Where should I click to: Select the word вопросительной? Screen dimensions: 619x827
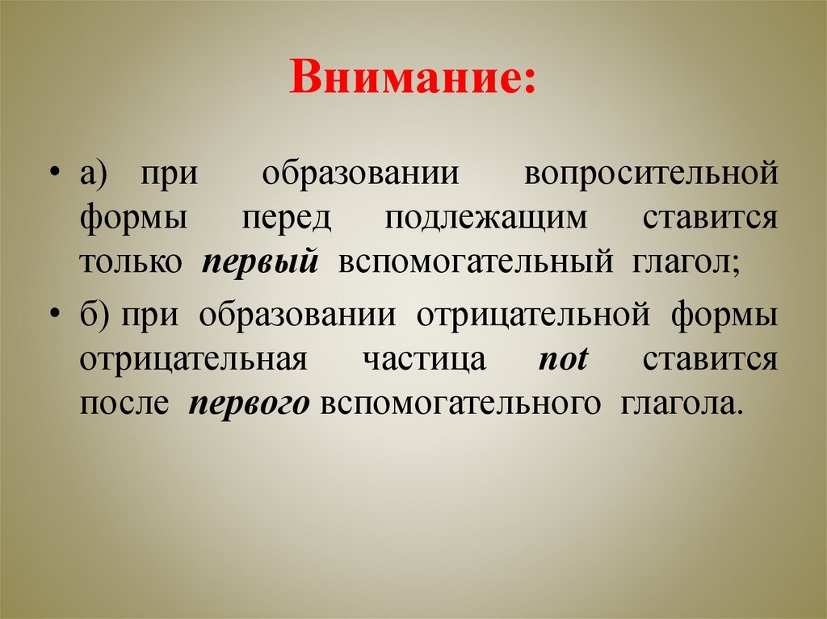pyautogui.click(x=651, y=175)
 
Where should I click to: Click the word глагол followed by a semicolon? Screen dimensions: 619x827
pyautogui.click(x=680, y=264)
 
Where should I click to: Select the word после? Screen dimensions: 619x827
pyautogui.click(x=124, y=404)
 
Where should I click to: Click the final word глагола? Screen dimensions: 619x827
pyautogui.click(x=679, y=404)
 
